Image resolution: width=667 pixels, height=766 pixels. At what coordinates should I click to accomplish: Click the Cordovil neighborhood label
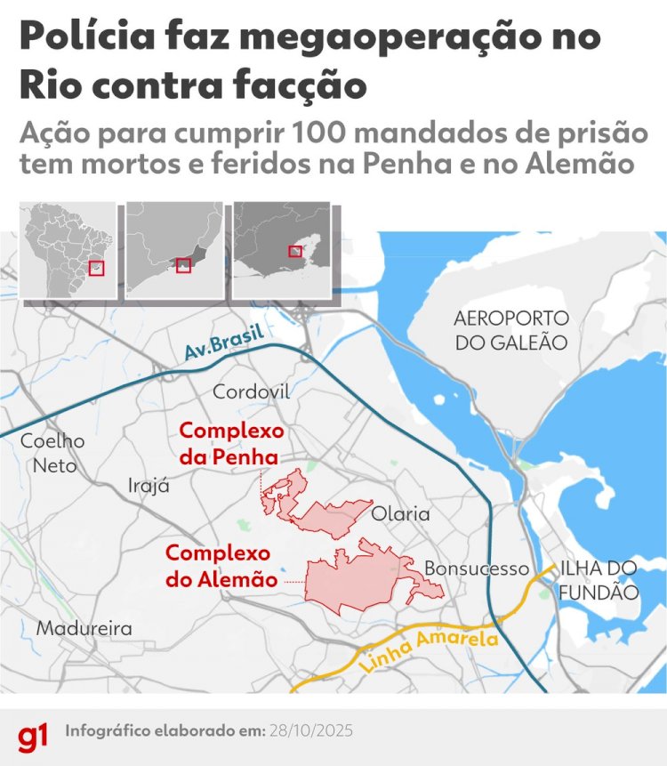[252, 391]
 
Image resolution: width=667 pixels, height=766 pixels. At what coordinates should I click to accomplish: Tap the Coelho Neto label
[52, 453]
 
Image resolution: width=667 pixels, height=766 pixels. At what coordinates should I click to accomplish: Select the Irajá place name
[149, 486]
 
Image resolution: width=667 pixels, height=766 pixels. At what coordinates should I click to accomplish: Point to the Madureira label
[84, 628]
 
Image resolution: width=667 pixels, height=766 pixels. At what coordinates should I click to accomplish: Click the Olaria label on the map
[400, 514]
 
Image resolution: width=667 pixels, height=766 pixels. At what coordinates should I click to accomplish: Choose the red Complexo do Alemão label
[221, 566]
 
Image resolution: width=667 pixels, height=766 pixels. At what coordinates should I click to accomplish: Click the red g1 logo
[32, 735]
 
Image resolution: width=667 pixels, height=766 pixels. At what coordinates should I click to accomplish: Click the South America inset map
[68, 250]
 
